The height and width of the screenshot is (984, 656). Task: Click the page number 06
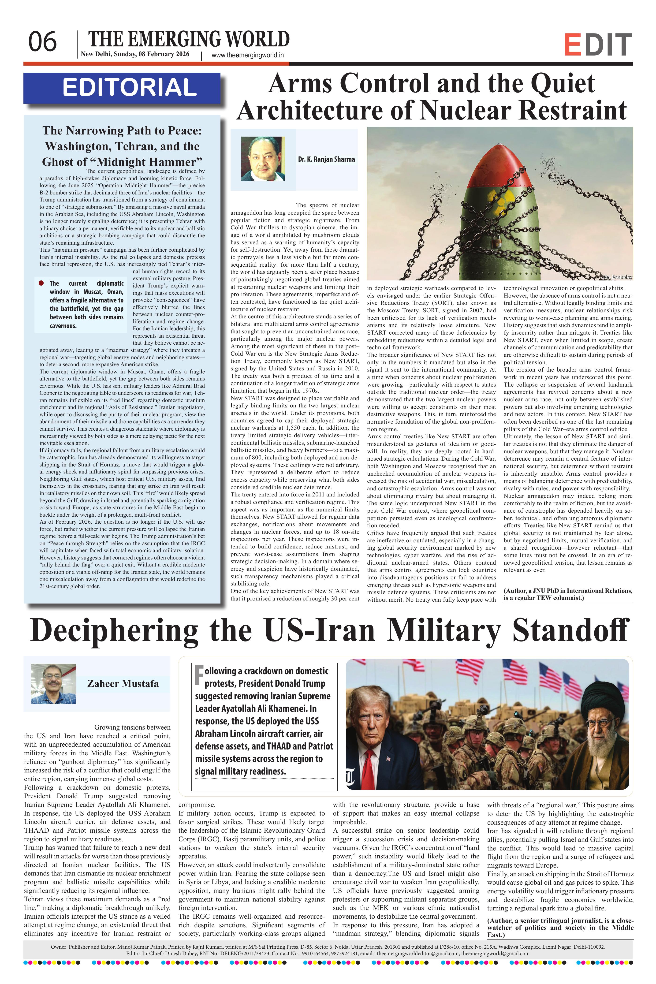click(x=42, y=42)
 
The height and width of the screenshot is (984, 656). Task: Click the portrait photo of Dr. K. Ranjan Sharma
click(x=263, y=159)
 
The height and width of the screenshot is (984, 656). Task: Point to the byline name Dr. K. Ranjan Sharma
click(x=326, y=159)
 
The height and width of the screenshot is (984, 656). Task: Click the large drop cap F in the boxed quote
click(x=199, y=675)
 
